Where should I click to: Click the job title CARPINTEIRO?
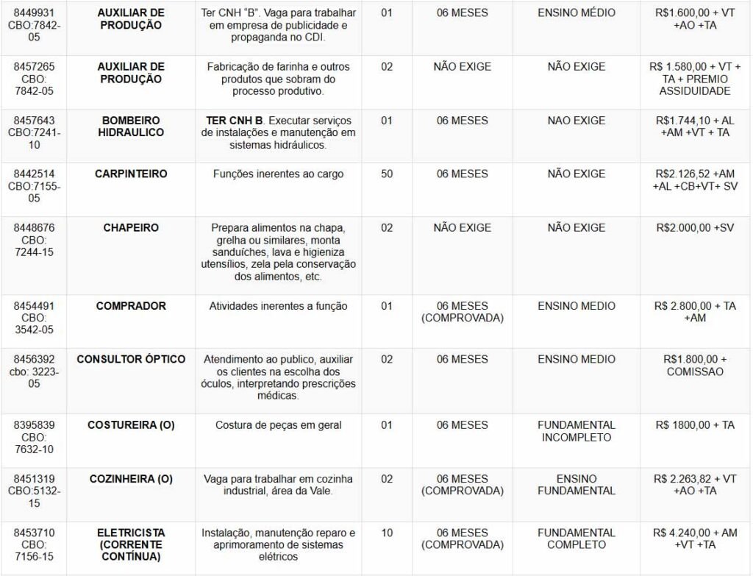131,174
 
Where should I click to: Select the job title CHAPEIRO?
131,228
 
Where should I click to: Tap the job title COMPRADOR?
131,306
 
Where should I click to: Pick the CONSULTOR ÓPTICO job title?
131,360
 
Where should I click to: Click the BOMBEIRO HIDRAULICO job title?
131,127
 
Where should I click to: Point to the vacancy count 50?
387,174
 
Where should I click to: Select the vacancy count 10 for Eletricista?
387,533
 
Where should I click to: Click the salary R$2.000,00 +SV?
695,228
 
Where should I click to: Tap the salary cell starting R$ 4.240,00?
695,538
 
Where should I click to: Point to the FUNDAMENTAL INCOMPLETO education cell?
577,431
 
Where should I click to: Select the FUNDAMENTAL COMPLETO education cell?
577,538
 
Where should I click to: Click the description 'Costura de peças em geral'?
278,425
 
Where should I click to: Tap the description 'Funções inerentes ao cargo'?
278,174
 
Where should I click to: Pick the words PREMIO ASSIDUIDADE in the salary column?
695,85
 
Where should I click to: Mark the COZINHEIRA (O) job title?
131,479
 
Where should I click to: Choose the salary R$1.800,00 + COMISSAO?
695,366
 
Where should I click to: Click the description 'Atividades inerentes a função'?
278,306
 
